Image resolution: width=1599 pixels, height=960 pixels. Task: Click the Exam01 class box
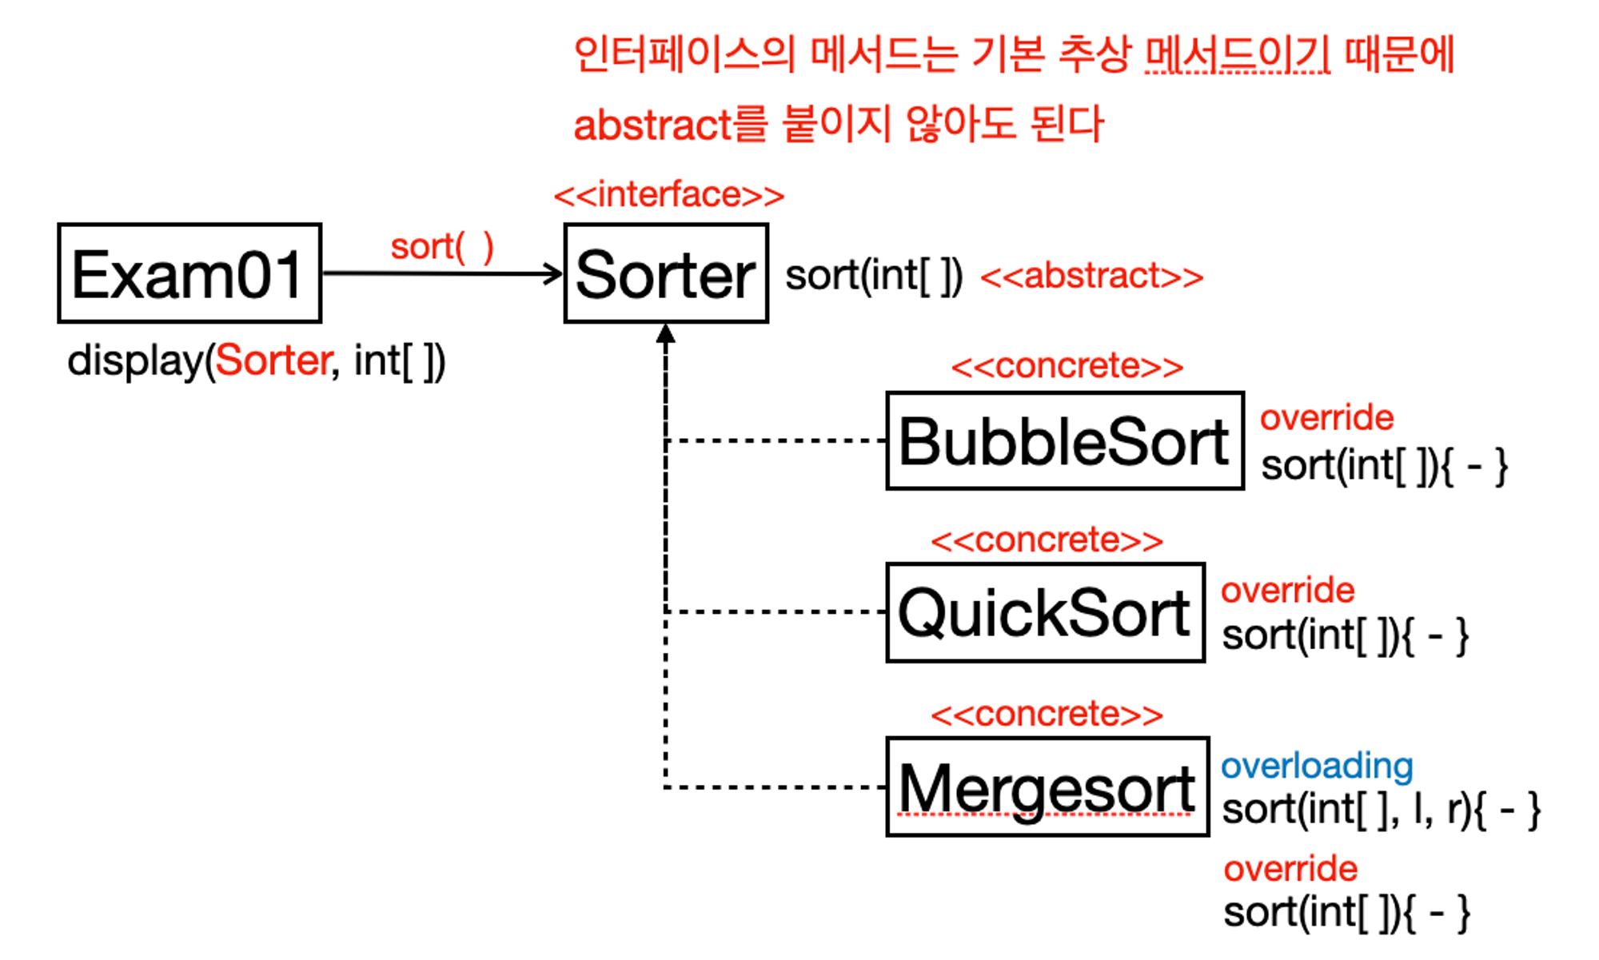pyautogui.click(x=189, y=273)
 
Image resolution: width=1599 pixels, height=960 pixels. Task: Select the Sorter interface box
pyautogui.click(x=666, y=273)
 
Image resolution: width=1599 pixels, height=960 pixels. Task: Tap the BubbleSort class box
pyautogui.click(x=1065, y=440)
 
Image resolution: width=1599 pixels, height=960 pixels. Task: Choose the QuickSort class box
pyautogui.click(x=1046, y=612)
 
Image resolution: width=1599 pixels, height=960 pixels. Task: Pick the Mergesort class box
pyautogui.click(x=1047, y=787)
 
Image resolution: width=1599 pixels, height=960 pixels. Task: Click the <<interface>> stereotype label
pyautogui.click(x=669, y=195)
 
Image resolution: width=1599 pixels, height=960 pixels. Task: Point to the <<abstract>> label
pyautogui.click(x=1092, y=277)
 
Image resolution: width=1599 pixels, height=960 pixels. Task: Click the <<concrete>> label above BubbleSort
pyautogui.click(x=1067, y=366)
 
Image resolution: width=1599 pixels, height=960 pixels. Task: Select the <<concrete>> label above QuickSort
pyautogui.click(x=1047, y=540)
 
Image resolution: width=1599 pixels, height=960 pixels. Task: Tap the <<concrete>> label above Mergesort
pyautogui.click(x=1047, y=714)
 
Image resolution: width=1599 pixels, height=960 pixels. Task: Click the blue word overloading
pyautogui.click(x=1317, y=766)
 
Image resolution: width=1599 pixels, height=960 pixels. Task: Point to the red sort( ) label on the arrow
pyautogui.click(x=442, y=247)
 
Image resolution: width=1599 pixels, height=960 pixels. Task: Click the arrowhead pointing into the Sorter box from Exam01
pyautogui.click(x=553, y=274)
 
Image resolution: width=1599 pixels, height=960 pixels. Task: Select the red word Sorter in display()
pyautogui.click(x=273, y=360)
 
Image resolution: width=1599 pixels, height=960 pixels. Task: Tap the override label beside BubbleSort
pyautogui.click(x=1327, y=417)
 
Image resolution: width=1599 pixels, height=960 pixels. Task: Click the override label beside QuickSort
pyautogui.click(x=1288, y=590)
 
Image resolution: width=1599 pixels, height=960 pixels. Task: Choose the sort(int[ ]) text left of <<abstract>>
pyautogui.click(x=874, y=277)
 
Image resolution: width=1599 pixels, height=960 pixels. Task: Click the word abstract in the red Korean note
pyautogui.click(x=652, y=125)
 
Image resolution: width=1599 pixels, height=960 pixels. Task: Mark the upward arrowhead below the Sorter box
pyautogui.click(x=666, y=334)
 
